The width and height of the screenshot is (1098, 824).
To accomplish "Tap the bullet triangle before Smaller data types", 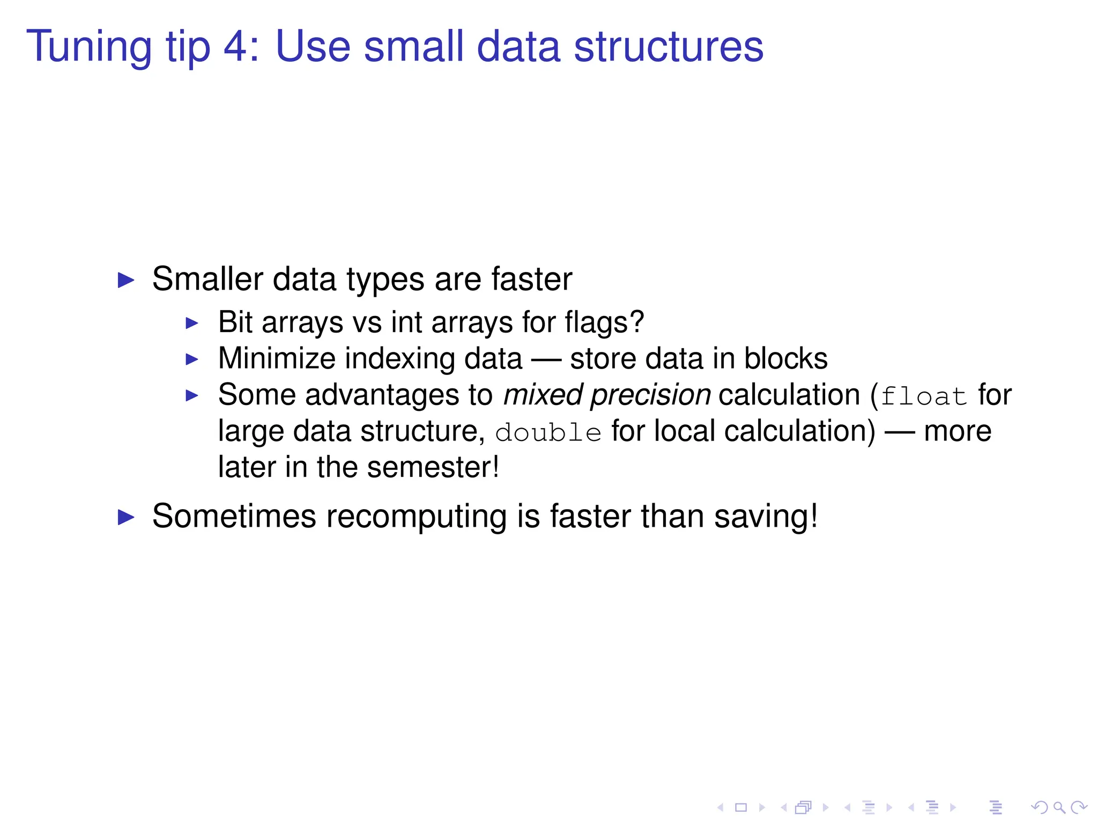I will click(x=126, y=280).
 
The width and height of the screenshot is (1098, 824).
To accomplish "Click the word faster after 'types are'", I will click(x=531, y=279).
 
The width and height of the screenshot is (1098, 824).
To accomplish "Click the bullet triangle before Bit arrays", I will click(x=192, y=323).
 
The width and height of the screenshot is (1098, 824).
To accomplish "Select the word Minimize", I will click(x=276, y=358).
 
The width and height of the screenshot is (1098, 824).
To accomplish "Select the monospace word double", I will click(x=548, y=432).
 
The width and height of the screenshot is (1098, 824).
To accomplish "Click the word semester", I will click(x=429, y=467).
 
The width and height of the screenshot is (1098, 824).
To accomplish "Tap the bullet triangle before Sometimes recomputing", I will click(x=126, y=518).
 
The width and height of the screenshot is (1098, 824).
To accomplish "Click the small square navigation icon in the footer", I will click(x=741, y=807).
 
